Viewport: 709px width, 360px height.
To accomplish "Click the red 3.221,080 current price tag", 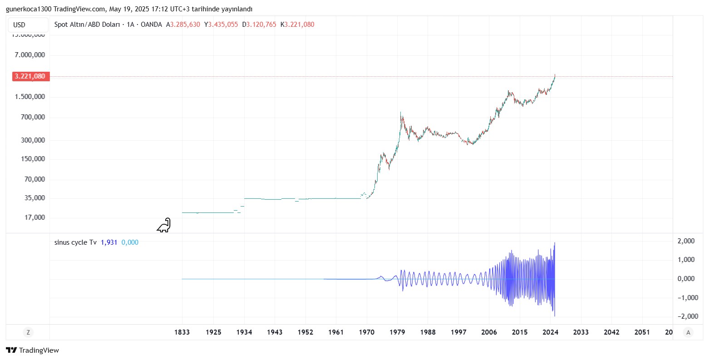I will click(x=30, y=76).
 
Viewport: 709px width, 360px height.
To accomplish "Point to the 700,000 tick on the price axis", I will click(x=33, y=117).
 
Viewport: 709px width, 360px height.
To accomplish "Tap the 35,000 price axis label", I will click(x=34, y=198).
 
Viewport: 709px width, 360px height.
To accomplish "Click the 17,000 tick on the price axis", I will click(x=34, y=217).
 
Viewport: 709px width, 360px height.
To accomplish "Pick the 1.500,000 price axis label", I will click(x=30, y=97).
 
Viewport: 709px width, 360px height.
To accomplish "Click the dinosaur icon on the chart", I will click(x=164, y=225).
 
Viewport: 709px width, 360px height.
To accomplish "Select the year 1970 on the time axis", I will click(x=366, y=332).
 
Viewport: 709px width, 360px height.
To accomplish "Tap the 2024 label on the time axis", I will click(x=550, y=332).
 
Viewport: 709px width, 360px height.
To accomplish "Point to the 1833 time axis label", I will click(x=182, y=332).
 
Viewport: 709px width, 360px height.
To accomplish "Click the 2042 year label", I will click(x=611, y=332).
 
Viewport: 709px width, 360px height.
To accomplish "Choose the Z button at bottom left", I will click(x=28, y=332).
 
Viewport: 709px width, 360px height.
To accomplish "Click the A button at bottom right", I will click(x=688, y=332).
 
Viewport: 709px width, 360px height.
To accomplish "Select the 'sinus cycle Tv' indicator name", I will click(x=75, y=242).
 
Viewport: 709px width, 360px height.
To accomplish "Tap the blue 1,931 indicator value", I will click(x=109, y=242).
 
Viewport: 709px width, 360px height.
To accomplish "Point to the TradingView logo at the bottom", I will click(x=32, y=350).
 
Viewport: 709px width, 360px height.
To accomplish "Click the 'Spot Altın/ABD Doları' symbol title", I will click(x=87, y=25).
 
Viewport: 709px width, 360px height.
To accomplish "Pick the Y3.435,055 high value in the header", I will click(x=221, y=25).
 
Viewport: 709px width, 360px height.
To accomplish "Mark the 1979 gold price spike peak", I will click(x=400, y=113).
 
